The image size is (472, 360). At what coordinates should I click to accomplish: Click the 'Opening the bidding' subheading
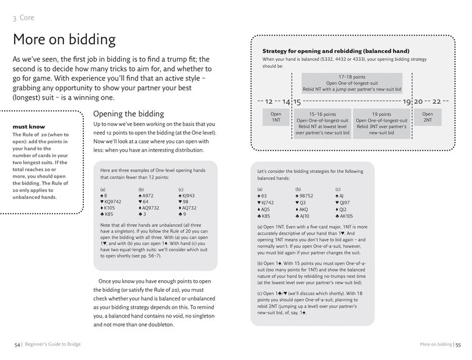128,113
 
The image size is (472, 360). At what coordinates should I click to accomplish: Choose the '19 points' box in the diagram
381,122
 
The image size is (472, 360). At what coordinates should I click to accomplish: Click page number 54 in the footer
17,345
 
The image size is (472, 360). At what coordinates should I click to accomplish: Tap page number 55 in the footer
458,345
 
